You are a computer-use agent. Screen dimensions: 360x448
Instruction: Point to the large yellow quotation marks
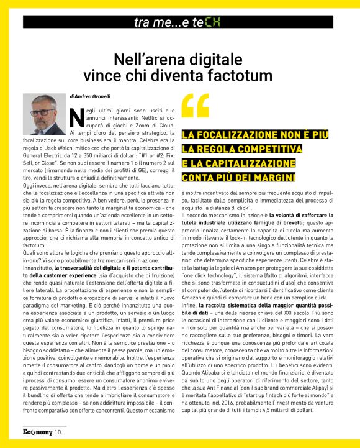click(x=194, y=106)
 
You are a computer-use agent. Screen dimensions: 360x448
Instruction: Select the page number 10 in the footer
click(x=58, y=432)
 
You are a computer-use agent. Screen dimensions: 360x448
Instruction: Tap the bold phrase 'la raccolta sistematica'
click(x=235, y=306)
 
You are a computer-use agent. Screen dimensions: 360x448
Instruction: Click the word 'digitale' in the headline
click(x=216, y=60)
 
